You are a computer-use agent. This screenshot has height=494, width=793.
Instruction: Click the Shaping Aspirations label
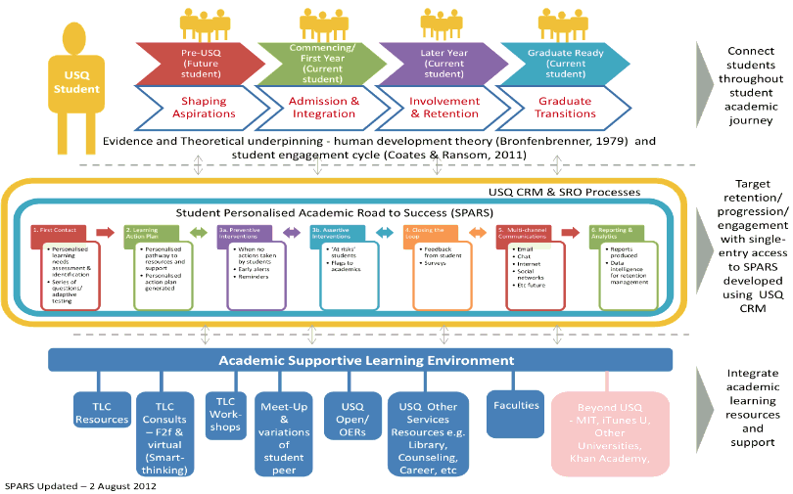point(204,107)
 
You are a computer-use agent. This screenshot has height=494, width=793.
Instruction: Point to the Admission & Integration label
point(323,107)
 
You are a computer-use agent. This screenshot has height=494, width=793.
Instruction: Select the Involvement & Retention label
point(443,107)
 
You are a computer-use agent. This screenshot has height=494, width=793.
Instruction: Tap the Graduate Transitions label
point(565,107)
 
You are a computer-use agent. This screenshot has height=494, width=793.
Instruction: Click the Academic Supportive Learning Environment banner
point(360,360)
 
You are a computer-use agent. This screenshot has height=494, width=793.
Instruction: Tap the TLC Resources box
point(102,412)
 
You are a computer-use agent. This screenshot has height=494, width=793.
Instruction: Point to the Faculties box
point(515,403)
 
